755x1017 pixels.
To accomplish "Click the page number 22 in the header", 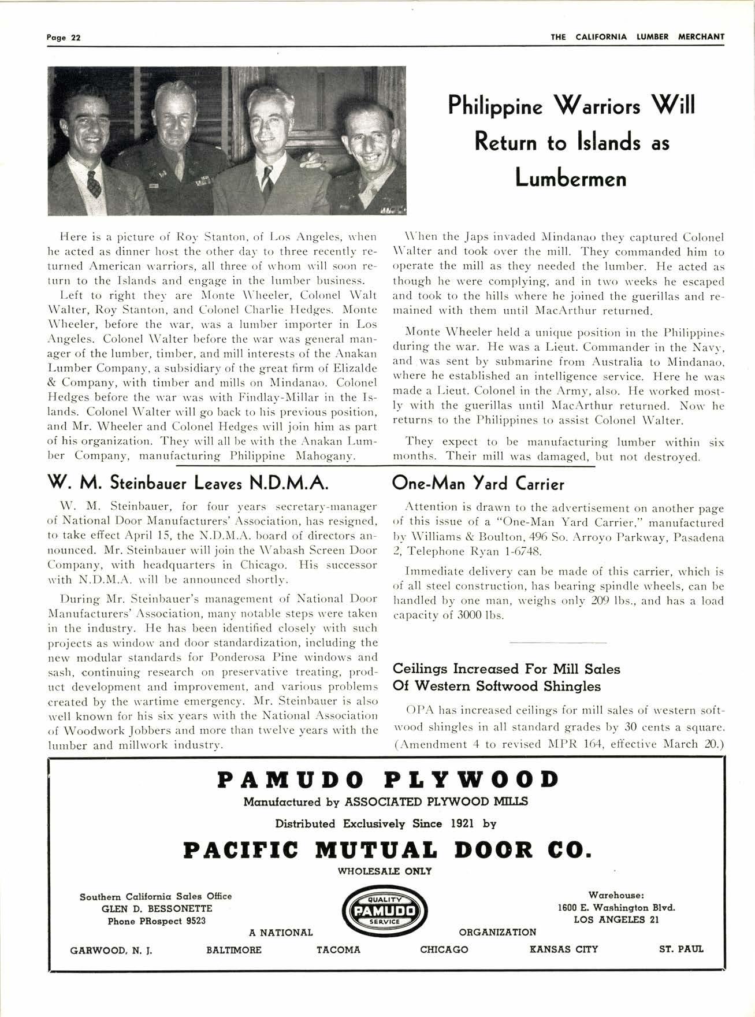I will (x=75, y=38).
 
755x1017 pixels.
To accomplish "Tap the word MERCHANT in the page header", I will (x=700, y=37).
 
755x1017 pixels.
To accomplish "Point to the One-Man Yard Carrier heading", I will (x=478, y=483).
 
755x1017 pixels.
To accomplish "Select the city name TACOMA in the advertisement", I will (x=338, y=949).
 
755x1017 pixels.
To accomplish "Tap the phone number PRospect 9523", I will (x=157, y=921).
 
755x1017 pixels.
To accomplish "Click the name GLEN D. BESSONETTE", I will (x=157, y=908).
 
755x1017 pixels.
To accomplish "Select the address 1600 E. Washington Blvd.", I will (x=616, y=907).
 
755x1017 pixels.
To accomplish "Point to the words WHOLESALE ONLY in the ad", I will (x=385, y=871).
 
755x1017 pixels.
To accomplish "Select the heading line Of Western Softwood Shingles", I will (x=496, y=686).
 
